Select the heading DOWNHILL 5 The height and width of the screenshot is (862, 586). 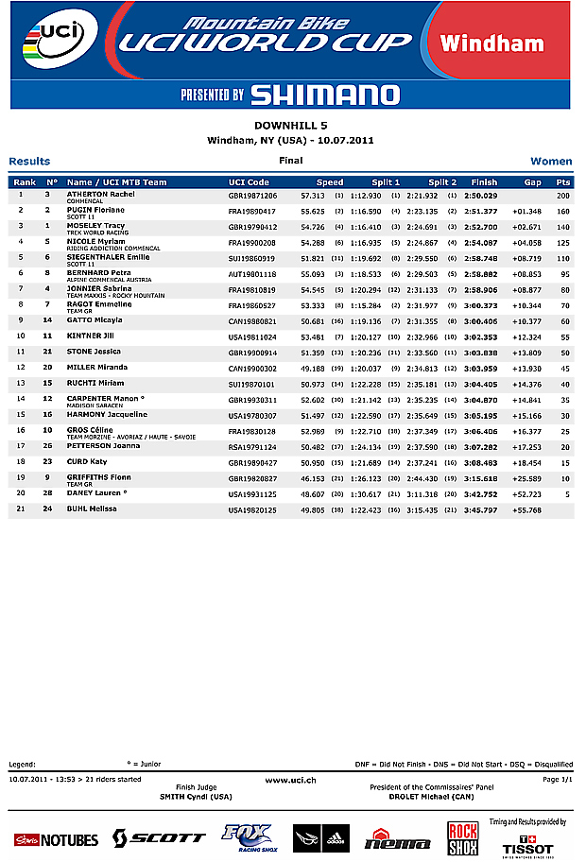point(290,126)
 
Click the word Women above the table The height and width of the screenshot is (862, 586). point(551,162)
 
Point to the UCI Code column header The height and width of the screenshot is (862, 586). point(249,182)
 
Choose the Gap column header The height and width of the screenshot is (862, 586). point(533,182)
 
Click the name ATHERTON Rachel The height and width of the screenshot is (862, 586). point(100,194)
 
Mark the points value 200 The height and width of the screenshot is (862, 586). point(563,195)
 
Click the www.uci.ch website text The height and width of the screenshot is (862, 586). point(290,779)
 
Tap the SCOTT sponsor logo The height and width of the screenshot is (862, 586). point(159,837)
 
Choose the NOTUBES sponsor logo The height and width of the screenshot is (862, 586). point(56,839)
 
